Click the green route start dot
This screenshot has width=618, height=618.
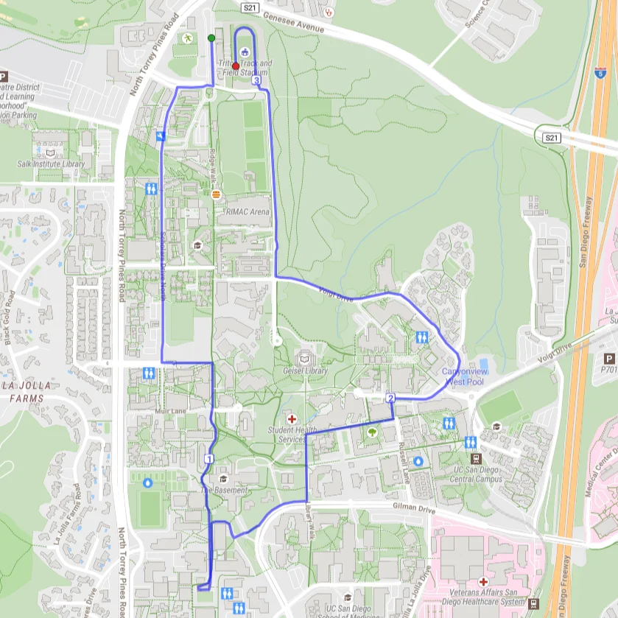pos(211,38)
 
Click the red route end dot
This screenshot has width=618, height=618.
pos(236,66)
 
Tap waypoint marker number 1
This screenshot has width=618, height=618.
pos(209,459)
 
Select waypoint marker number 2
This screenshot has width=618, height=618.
pos(390,398)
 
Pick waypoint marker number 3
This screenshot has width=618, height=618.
pos(256,81)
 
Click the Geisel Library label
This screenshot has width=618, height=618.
pos(305,371)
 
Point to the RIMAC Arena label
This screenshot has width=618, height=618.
pos(249,212)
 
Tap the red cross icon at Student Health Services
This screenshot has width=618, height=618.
pos(292,418)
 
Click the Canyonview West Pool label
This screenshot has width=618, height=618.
pos(464,376)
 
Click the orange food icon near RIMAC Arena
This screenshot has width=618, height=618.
pos(216,194)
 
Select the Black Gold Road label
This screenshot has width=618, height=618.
pos(10,317)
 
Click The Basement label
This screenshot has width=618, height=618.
pos(225,491)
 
